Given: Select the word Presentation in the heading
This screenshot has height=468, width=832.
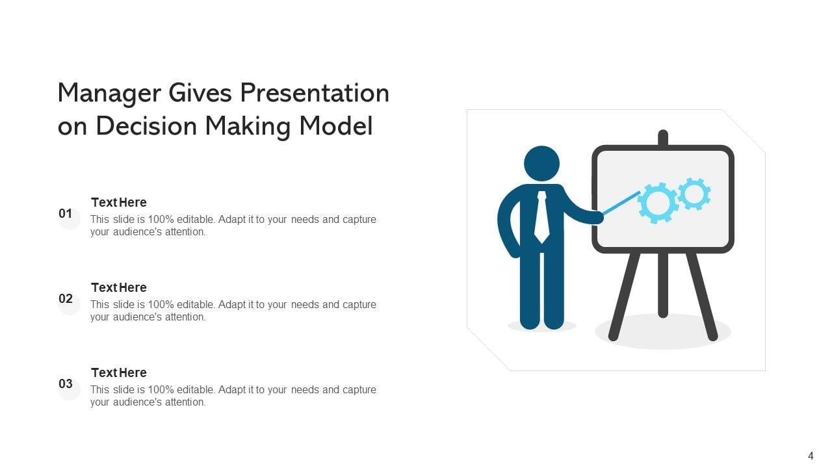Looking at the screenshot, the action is [315, 92].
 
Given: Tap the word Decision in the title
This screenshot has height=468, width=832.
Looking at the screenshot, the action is [146, 125].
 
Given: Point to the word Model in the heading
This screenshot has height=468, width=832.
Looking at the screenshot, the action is [336, 125].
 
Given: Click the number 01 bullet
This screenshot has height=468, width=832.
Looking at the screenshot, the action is [66, 214].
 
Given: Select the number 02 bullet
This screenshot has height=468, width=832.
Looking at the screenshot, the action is [66, 298].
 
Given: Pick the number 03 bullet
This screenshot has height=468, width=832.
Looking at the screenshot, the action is [66, 383].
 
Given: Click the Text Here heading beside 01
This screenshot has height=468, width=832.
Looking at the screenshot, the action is [119, 202].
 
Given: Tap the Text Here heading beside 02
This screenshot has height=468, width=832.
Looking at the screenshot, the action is [119, 287].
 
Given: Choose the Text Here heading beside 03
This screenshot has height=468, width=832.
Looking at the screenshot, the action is [119, 372].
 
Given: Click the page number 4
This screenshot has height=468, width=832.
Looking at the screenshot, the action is [811, 456].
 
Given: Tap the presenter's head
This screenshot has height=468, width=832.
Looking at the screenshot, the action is [541, 163].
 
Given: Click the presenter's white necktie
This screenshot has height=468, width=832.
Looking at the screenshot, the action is [542, 217].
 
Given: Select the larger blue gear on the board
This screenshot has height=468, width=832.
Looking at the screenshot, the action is [657, 203].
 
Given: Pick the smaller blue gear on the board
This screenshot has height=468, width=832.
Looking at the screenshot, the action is [694, 194].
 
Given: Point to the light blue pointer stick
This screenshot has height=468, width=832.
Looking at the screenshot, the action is [621, 203].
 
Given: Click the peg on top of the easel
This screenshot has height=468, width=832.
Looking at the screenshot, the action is [663, 137].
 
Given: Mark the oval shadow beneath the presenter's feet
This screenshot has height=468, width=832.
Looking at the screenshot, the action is [542, 326].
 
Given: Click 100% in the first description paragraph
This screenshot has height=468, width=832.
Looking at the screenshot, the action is [161, 220].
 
